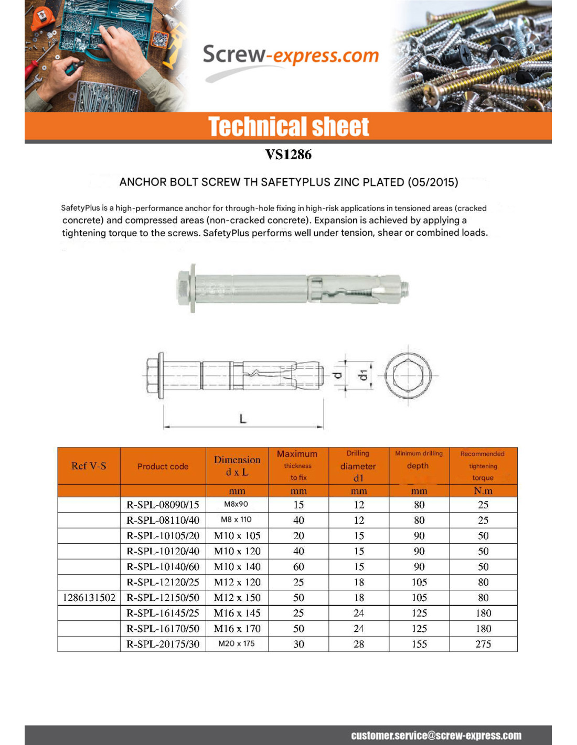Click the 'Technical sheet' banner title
[x=288, y=127]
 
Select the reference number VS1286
[x=288, y=155]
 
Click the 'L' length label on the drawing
[x=243, y=419]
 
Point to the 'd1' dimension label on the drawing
[x=362, y=375]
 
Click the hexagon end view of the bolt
[x=408, y=375]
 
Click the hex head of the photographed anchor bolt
[x=184, y=289]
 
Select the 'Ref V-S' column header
[x=89, y=466]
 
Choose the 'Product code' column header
[x=163, y=466]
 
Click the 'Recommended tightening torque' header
[x=483, y=466]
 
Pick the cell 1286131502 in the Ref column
[x=89, y=598]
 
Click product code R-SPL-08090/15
[x=163, y=505]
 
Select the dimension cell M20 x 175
[x=237, y=644]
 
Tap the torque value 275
[x=483, y=644]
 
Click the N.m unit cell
[x=483, y=491]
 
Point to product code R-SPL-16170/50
[x=163, y=629]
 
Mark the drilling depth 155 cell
[x=419, y=644]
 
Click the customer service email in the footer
[x=436, y=736]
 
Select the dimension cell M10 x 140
[x=237, y=567]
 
